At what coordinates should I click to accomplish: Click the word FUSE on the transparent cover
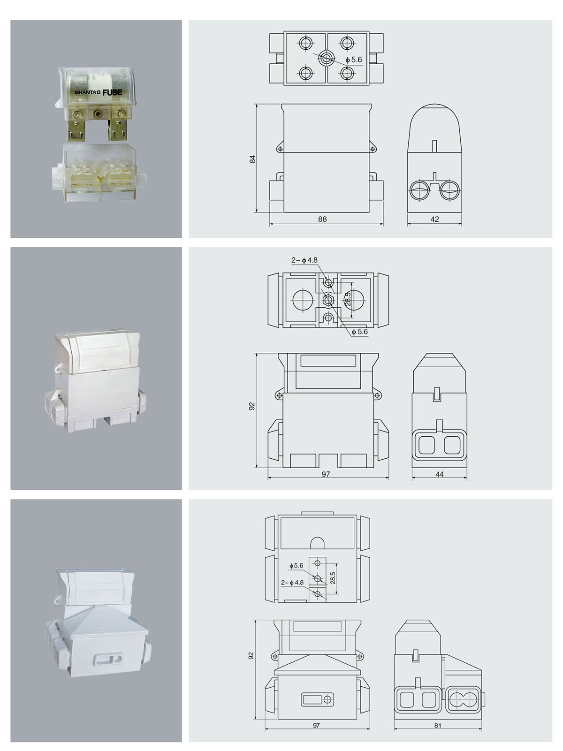112,92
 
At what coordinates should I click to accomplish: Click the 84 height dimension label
252,159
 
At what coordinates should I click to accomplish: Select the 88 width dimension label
322,219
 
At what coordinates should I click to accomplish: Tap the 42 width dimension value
434,219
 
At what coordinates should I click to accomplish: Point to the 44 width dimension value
439,474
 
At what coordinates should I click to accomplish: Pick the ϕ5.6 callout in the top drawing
353,60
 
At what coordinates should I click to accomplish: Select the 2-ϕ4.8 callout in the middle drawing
304,260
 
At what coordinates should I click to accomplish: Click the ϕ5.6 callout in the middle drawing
359,332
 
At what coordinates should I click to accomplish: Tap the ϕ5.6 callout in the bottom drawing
296,566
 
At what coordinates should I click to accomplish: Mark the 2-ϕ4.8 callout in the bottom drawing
292,582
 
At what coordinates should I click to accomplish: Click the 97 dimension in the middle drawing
326,474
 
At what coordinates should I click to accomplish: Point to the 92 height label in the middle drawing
252,406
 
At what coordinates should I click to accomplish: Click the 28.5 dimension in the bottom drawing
333,578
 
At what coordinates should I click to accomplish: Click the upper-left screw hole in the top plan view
306,43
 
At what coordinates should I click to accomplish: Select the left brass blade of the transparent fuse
76,130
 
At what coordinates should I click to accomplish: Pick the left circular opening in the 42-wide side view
419,190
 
